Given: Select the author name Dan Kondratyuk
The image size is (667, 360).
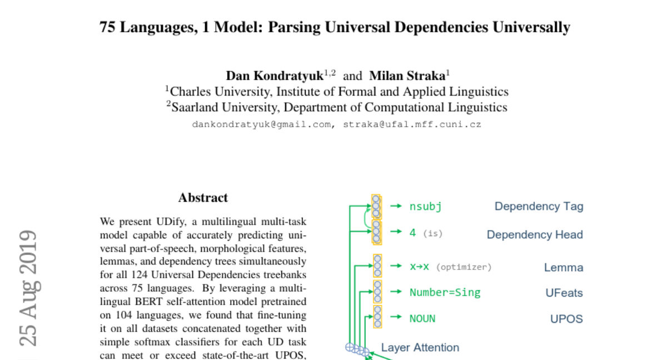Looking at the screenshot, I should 274,76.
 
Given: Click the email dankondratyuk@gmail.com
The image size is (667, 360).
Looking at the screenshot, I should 261,124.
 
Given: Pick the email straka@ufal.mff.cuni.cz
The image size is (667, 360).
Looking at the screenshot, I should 411,124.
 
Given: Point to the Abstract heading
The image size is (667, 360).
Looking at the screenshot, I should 203,198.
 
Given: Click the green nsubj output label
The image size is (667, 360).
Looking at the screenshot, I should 425,207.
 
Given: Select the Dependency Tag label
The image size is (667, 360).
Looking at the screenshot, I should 539,207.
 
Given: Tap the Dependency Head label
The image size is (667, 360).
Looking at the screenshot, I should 535,234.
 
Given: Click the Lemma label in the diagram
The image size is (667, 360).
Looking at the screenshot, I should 564,267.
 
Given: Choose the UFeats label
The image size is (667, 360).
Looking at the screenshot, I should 564,293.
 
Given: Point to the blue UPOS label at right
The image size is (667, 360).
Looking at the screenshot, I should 566,319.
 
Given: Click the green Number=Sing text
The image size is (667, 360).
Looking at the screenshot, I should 445,293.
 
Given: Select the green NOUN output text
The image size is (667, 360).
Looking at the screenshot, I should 422,319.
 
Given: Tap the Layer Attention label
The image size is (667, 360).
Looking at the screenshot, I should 420,348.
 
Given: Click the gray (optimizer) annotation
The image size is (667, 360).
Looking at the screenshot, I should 464,267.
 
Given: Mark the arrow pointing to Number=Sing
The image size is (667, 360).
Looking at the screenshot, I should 396,292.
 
